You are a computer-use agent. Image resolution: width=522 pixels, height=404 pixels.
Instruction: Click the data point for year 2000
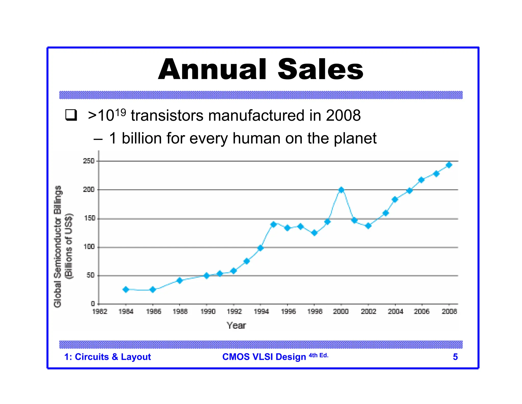pos(341,190)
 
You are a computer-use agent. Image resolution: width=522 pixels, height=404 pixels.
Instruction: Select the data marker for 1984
pos(126,289)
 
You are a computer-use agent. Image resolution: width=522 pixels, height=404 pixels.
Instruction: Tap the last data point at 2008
pos(449,165)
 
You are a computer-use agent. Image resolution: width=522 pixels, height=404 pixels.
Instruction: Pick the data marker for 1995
pos(273,224)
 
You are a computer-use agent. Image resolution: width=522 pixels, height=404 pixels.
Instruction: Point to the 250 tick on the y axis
pos(89,161)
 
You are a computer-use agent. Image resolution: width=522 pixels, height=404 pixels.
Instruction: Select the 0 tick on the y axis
pos(93,304)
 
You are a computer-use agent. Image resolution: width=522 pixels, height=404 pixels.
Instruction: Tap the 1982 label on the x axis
pos(100,311)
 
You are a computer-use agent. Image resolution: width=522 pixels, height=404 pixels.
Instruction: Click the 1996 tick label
pos(288,311)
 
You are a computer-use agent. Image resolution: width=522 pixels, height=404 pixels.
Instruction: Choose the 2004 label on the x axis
pos(395,311)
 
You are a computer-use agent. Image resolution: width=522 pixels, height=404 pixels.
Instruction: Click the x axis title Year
pos(236,325)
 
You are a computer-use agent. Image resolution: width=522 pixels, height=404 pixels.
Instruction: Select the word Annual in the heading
pos(212,69)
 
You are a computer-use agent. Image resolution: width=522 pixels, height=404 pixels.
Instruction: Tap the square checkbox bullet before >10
pos(71,115)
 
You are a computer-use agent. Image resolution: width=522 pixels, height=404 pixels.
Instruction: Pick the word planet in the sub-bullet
pos(355,138)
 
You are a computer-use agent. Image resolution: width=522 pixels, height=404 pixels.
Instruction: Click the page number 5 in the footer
pos(455,357)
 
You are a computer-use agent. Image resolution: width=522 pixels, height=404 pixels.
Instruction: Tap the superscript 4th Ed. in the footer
pos(319,355)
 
